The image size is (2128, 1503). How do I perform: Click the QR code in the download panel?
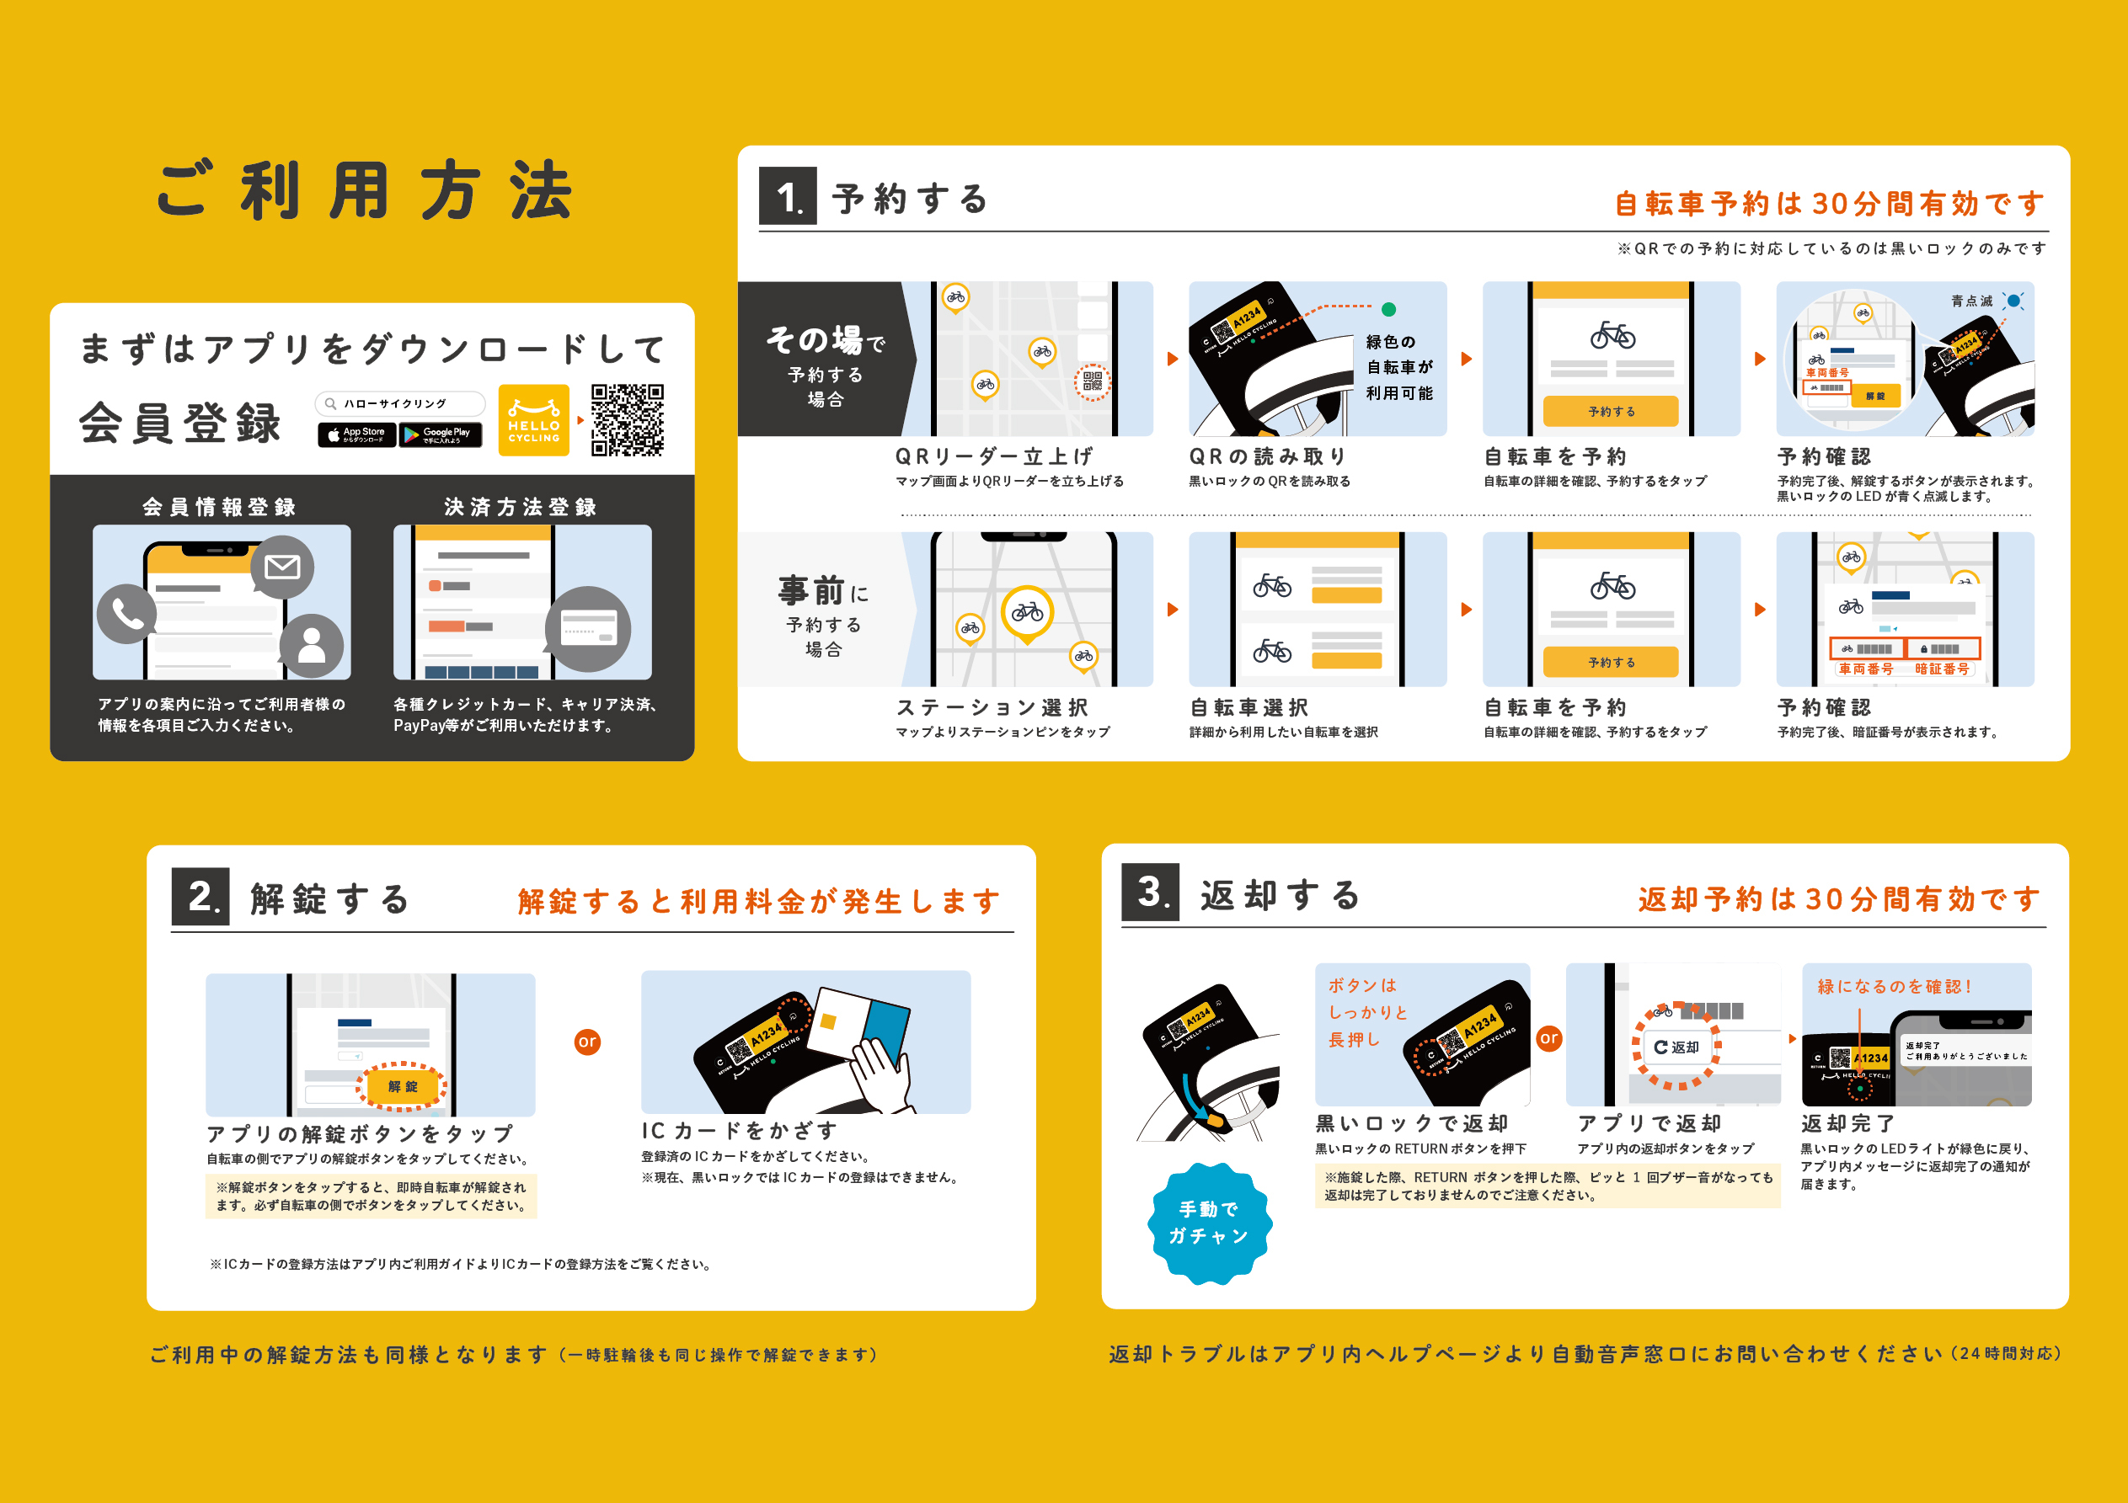(628, 420)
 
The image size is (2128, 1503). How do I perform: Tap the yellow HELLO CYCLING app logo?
(534, 420)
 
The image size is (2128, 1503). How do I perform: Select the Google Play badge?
(441, 434)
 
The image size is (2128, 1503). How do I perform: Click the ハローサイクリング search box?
(399, 404)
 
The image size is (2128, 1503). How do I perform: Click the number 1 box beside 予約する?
(787, 196)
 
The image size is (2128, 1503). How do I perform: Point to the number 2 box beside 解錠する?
(201, 896)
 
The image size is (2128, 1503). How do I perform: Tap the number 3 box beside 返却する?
(1149, 893)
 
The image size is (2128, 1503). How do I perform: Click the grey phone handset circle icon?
(127, 614)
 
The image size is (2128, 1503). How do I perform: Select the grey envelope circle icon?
(281, 566)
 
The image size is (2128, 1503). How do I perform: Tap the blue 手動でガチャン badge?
(1209, 1223)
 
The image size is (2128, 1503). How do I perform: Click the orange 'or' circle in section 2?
(588, 1042)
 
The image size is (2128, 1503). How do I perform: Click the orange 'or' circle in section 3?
(1548, 1038)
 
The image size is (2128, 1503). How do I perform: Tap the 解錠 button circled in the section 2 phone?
(402, 1086)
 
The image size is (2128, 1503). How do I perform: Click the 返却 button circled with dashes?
(1676, 1047)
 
